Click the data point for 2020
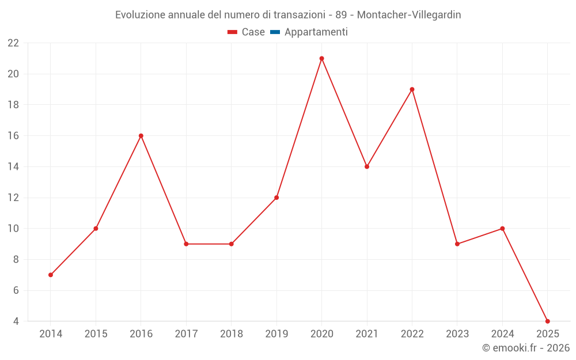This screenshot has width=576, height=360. coord(321,58)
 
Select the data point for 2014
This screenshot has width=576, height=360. coord(51,275)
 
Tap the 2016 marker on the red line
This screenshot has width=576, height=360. coord(141,136)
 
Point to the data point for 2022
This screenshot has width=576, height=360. coord(412,89)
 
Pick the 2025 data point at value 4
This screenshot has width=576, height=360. coord(547,321)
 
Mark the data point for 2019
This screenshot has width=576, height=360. coord(276,198)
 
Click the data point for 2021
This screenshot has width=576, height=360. coord(367,166)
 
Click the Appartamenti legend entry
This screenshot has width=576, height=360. coord(316,32)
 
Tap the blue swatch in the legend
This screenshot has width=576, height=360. coord(275,32)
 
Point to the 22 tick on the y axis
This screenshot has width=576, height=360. coord(13,43)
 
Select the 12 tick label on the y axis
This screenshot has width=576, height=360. coord(13,198)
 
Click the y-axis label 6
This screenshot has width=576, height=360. coord(16,290)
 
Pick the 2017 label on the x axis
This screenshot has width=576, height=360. coord(186,334)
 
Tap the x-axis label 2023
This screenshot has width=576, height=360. coord(457,334)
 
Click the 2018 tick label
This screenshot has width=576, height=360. coord(231,334)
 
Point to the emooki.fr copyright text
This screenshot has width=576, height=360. coord(526,348)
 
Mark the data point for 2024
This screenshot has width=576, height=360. coord(502,229)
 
